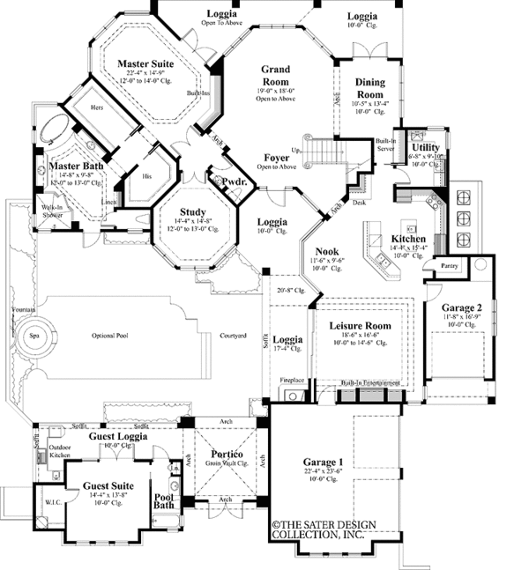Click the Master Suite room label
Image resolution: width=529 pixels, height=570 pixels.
145,64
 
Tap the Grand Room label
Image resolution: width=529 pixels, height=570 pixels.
282,70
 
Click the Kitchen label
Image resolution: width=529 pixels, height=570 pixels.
410,239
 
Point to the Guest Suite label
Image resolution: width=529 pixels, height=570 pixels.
108,485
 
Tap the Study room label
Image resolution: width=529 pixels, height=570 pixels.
192,213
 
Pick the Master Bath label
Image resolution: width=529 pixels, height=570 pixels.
65,166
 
